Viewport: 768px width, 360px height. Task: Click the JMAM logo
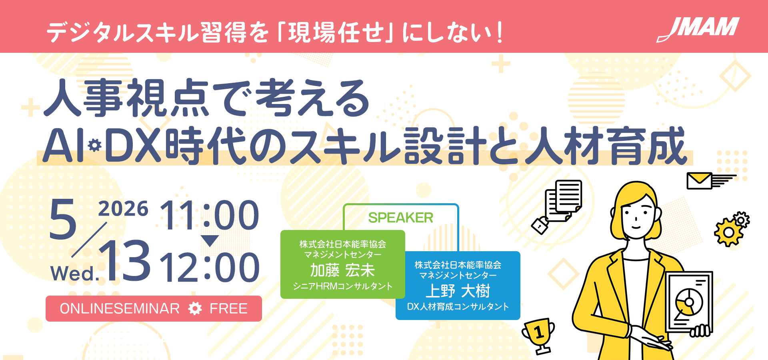[x=698, y=29]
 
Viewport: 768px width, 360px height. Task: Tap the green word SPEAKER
[x=400, y=218]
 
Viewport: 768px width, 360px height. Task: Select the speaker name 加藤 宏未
[x=342, y=270]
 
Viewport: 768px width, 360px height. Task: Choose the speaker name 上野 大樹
[x=458, y=291]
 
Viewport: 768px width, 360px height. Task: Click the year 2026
[x=123, y=209]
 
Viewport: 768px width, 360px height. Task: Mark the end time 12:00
[x=210, y=267]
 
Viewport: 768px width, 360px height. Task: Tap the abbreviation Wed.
[x=75, y=274]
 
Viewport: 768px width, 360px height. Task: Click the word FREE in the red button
[x=228, y=308]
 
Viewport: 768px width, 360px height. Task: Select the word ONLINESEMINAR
[x=120, y=308]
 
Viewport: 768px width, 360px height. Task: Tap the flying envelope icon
[x=711, y=181]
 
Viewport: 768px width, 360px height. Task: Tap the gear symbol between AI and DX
[x=95, y=145]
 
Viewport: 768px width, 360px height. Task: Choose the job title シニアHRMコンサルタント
[x=342, y=286]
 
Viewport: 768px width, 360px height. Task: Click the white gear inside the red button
[x=195, y=308]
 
